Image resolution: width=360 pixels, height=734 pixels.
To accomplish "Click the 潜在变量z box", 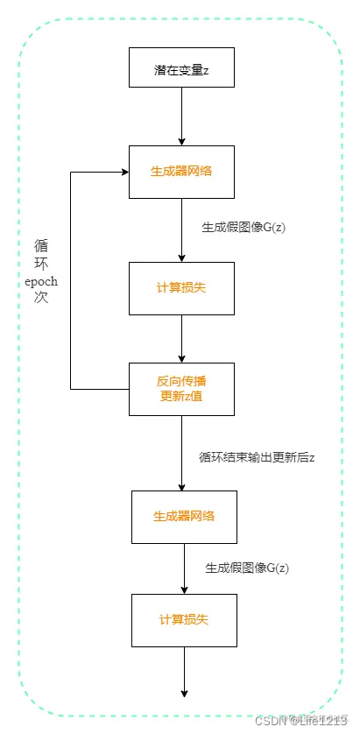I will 181,68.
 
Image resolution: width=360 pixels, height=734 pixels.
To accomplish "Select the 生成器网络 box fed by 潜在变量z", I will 181,171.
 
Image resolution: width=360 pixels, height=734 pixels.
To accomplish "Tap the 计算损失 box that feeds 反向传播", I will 181,288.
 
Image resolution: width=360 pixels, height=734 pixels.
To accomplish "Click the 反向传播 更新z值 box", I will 181,389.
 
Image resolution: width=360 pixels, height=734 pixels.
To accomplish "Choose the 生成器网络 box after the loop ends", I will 184,516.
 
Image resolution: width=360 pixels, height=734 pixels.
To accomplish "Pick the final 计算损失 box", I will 184,619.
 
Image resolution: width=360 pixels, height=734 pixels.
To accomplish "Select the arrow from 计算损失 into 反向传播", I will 181,338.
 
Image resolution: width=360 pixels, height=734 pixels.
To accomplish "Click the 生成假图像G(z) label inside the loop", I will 244,228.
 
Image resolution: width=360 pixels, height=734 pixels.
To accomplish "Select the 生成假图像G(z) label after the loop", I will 247,568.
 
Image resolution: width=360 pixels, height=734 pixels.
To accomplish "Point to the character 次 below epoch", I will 40,298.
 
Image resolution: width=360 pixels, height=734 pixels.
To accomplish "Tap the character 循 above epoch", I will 40,246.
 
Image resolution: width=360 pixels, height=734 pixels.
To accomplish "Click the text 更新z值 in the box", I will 181,399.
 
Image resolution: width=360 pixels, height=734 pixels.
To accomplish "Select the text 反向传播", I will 181,381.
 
